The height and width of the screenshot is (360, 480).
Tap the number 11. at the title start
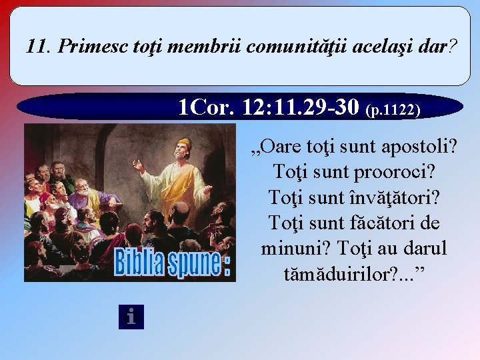click(39, 47)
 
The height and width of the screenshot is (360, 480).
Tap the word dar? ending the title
click(439, 47)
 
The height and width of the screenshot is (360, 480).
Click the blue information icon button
click(131, 317)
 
